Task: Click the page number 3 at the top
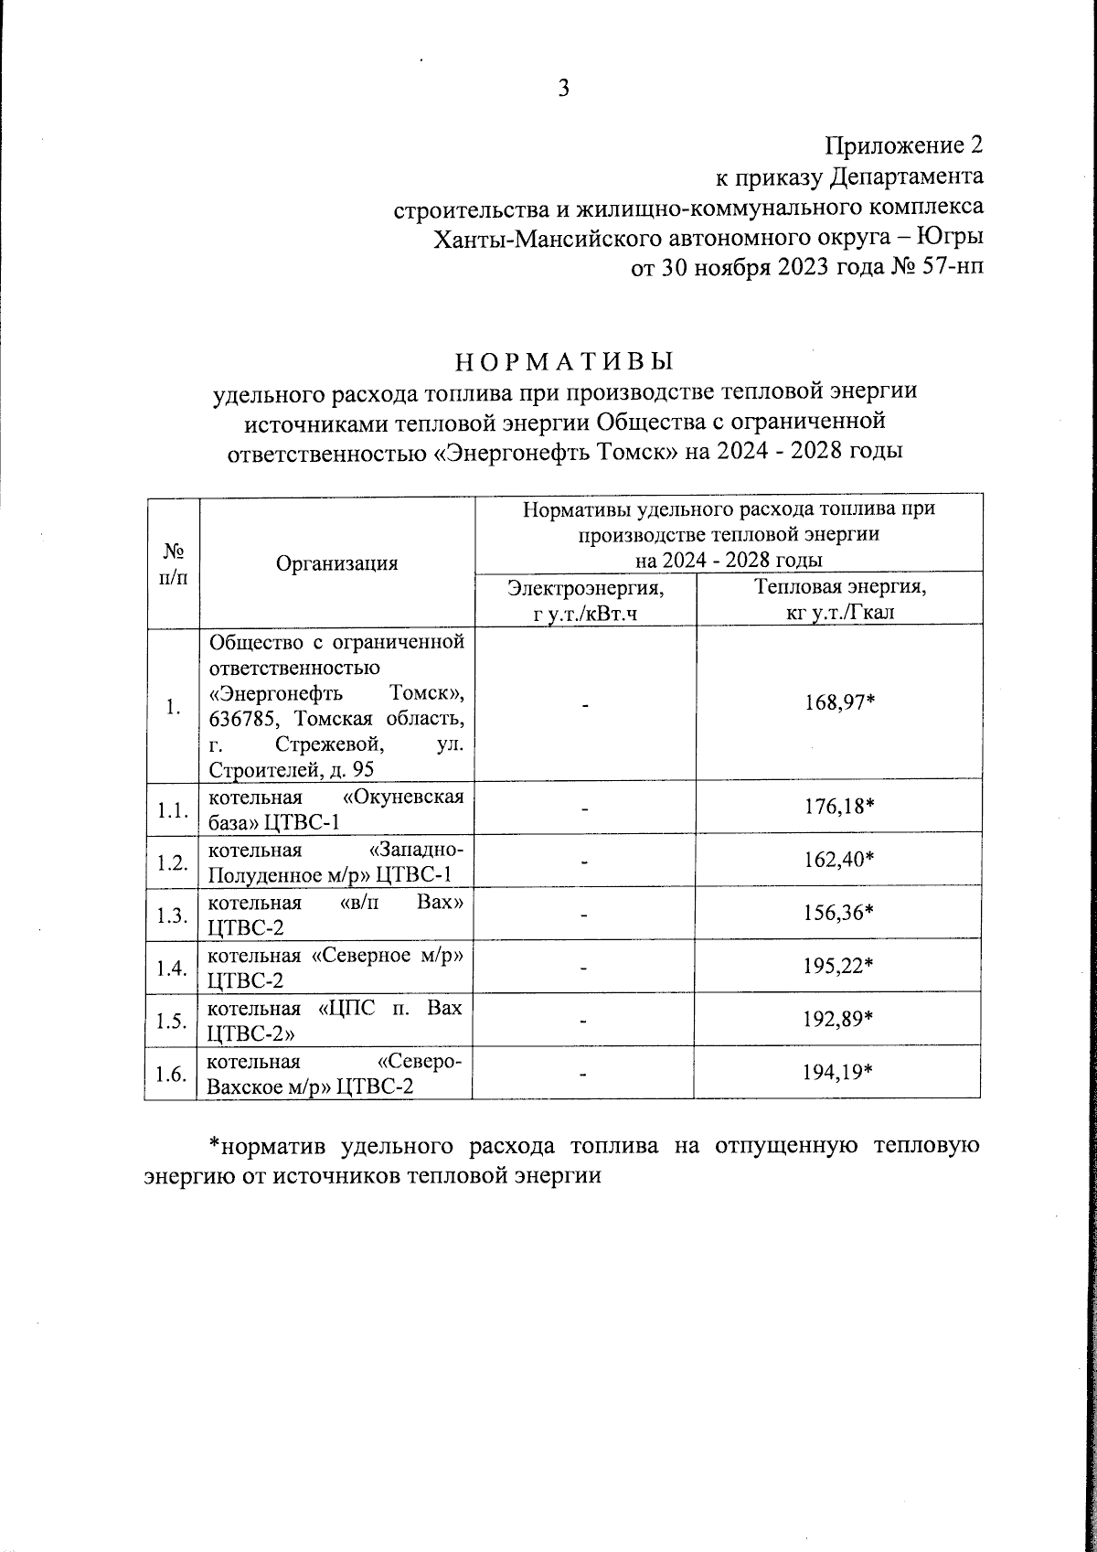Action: point(564,89)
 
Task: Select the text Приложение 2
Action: point(904,145)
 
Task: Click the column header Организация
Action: point(337,562)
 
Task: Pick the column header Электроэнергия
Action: point(586,588)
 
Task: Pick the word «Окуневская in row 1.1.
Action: point(407,797)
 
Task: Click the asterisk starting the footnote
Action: point(216,1144)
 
